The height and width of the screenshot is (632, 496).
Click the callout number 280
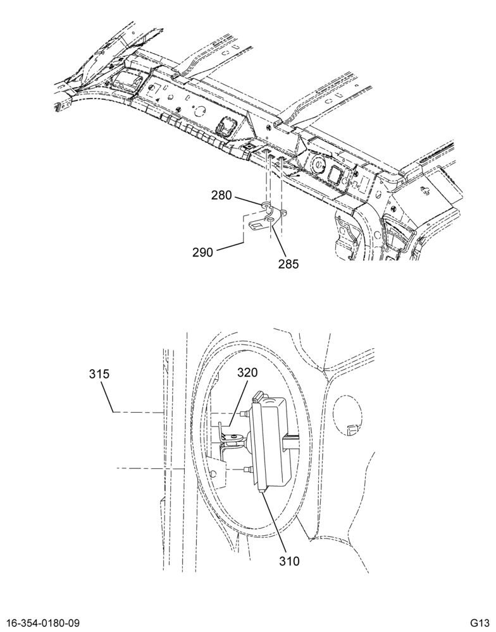tap(221, 195)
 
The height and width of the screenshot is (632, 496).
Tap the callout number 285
tap(288, 264)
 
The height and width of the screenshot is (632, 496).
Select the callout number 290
tap(202, 253)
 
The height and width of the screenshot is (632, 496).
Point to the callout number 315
tap(99, 374)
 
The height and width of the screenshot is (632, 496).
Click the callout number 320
tap(247, 372)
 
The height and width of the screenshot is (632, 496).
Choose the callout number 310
tap(289, 561)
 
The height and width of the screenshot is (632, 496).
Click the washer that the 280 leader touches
tap(266, 207)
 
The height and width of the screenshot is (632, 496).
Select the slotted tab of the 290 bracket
tap(254, 226)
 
